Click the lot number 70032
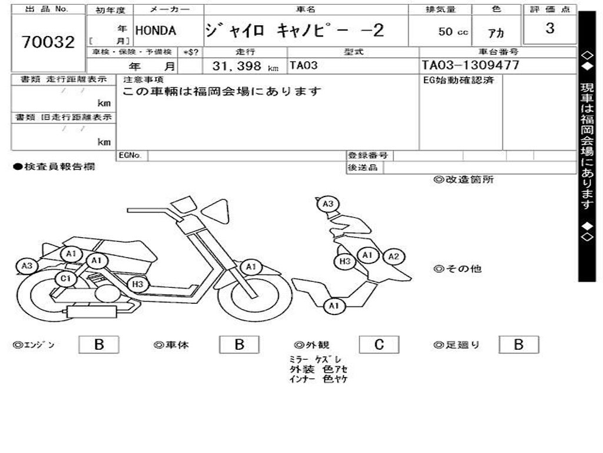[x=48, y=42]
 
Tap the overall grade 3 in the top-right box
[x=549, y=28]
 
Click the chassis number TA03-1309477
[x=471, y=65]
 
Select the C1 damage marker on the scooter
[x=65, y=279]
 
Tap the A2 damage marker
[x=393, y=257]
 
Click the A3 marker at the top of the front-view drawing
[x=328, y=204]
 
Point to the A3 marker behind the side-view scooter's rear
[x=26, y=266]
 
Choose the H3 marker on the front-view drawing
[x=345, y=261]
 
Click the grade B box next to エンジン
[x=98, y=345]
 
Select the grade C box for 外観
[x=379, y=345]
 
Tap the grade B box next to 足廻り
[x=518, y=345]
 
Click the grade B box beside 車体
[x=238, y=345]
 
